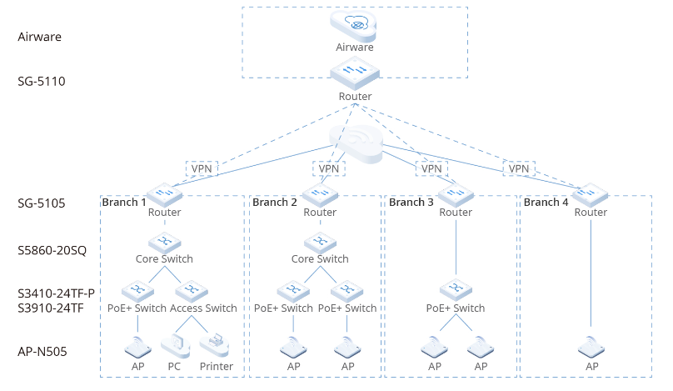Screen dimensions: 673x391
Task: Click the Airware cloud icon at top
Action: pos(353,26)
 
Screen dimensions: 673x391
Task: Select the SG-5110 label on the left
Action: pos(41,81)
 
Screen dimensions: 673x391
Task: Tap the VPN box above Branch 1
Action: pos(202,169)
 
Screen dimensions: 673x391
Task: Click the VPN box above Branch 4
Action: pos(519,169)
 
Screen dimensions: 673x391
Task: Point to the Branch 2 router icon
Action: pos(320,194)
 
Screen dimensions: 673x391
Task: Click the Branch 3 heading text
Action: pos(411,202)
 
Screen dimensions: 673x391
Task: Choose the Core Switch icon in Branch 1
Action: pos(165,243)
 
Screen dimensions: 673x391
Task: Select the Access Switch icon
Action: pos(192,291)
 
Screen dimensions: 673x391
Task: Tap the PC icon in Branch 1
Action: pos(176,346)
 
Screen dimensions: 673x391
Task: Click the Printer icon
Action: pos(215,346)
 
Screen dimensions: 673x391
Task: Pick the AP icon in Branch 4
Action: pos(591,347)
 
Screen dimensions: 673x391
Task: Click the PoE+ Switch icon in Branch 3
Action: pos(456,290)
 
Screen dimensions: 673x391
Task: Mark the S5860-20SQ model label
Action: pos(52,250)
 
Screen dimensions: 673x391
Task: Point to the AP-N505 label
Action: pos(42,352)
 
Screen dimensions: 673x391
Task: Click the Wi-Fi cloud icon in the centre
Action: pos(356,144)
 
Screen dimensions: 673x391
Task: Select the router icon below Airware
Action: pos(355,73)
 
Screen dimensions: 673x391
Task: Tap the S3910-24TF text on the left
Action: pos(51,308)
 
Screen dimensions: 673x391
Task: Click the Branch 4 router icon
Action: pos(591,194)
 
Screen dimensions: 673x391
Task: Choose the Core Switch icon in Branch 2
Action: pos(320,243)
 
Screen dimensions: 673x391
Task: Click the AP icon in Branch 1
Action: pos(137,347)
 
